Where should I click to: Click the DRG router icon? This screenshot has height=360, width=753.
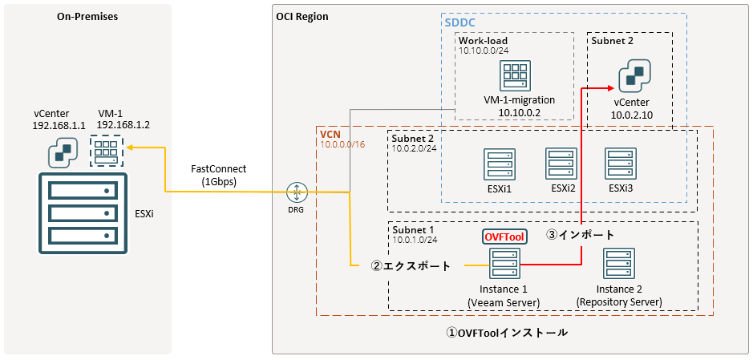(x=297, y=192)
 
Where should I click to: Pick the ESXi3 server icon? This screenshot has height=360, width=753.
(x=620, y=163)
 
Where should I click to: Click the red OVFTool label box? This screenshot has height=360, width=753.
(x=504, y=237)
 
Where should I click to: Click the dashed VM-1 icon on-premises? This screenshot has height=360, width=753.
(x=107, y=149)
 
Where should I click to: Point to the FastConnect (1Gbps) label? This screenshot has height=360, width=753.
(x=218, y=175)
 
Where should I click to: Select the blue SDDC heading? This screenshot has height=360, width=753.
(x=460, y=22)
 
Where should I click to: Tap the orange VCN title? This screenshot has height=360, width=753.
(x=330, y=133)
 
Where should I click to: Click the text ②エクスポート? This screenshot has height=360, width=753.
(x=411, y=265)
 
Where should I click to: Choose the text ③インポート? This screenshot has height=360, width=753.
(x=581, y=235)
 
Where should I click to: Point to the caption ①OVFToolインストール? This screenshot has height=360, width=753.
(x=508, y=332)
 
